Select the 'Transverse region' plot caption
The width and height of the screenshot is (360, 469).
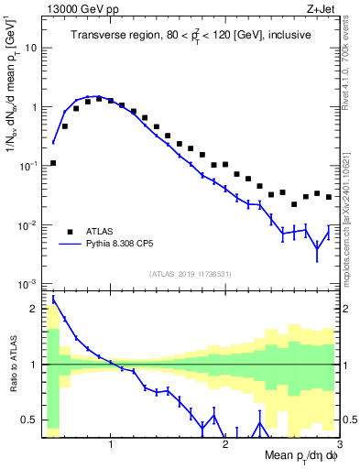(191, 37)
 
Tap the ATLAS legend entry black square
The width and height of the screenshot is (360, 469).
(70, 232)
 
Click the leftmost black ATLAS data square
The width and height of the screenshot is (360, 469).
(53, 163)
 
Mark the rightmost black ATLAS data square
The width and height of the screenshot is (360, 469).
(328, 197)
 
